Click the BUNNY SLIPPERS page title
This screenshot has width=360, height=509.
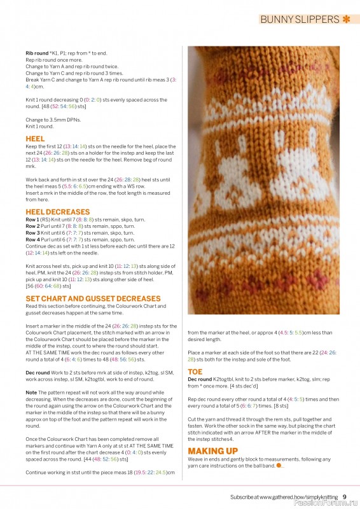300,19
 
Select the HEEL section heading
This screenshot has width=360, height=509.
35,138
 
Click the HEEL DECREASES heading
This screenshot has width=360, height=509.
58,211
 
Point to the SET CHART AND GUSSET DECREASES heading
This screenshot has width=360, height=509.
93,298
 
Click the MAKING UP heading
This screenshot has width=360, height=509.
212,451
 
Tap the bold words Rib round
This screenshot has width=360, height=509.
38,54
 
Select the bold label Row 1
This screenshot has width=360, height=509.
33,220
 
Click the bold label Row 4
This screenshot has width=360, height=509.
33,239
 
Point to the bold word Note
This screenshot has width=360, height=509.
31,393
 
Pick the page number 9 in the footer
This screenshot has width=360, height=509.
344,497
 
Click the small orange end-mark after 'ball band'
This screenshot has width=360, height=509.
279,466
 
